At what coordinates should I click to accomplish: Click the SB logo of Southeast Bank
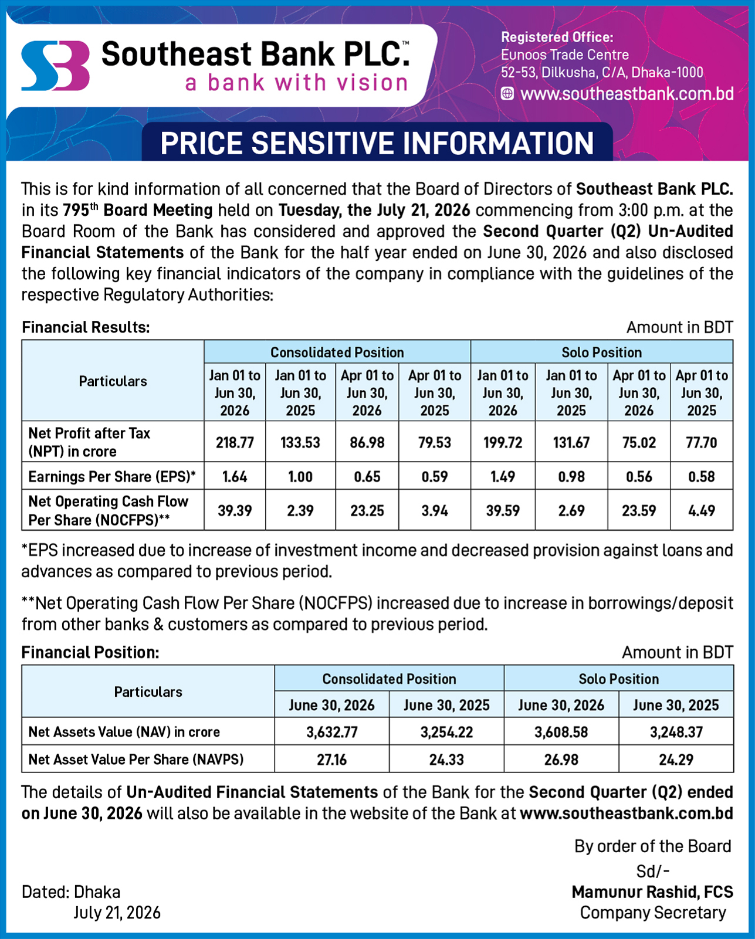coord(55,66)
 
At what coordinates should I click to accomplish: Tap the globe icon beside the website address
coord(507,94)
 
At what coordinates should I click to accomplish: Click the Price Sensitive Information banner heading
coord(377,143)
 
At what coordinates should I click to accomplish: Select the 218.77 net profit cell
coord(235,442)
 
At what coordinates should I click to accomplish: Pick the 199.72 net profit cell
coord(503,442)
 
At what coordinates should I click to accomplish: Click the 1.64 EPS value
coord(235,476)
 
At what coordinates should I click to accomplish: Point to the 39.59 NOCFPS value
coord(503,510)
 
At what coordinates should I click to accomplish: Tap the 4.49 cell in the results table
coord(702,510)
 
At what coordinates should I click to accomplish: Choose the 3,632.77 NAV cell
coord(331,732)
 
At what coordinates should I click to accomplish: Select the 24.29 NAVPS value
coord(676,760)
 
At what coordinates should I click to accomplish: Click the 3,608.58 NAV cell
coord(561,732)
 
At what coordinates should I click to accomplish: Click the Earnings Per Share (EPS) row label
coord(112,476)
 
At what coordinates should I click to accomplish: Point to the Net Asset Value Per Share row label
coord(136,760)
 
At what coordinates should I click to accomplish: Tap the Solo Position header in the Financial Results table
coord(601,352)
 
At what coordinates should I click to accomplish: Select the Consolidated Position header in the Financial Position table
coord(390,679)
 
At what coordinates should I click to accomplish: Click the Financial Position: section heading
coord(90,652)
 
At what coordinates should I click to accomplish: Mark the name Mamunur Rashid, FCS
coord(652,892)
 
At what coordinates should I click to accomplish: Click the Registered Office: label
coord(557,38)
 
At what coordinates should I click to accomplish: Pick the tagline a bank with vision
coord(296,83)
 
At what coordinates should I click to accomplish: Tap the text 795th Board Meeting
coord(137,210)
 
